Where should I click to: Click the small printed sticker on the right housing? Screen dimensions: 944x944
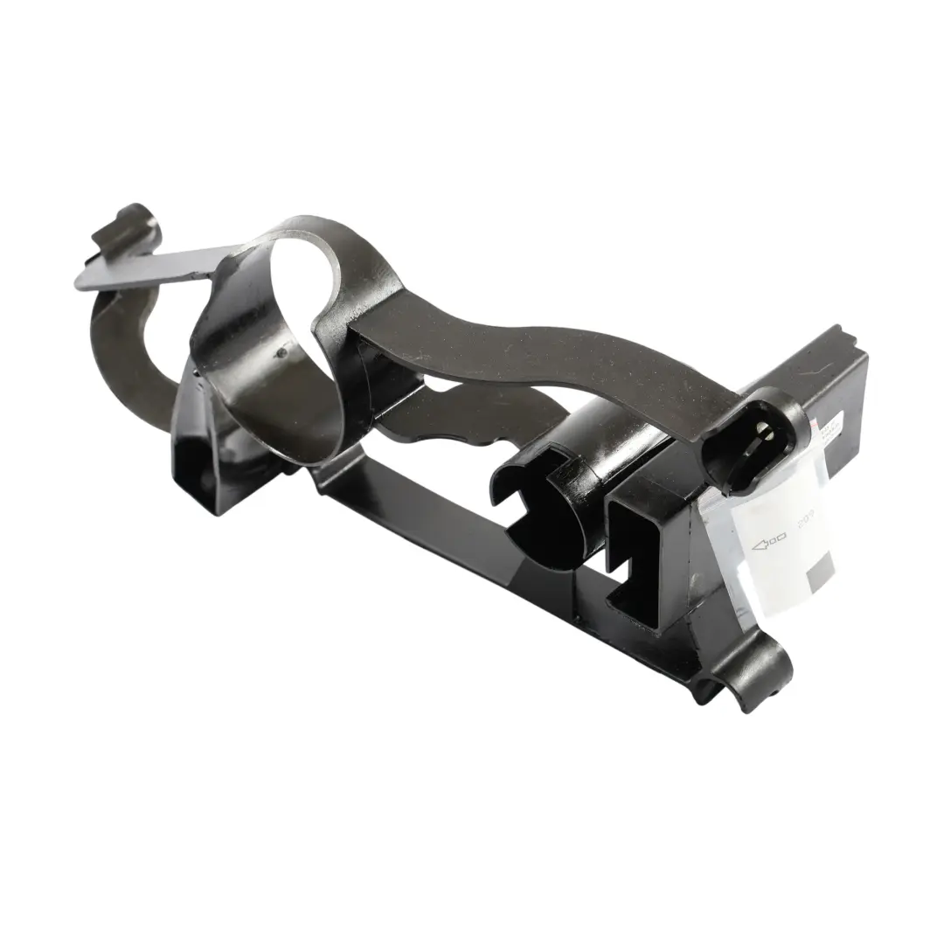click(x=826, y=437)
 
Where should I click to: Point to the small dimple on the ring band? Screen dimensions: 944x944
click(x=281, y=353)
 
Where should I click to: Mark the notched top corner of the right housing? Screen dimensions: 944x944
click(x=843, y=337)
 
